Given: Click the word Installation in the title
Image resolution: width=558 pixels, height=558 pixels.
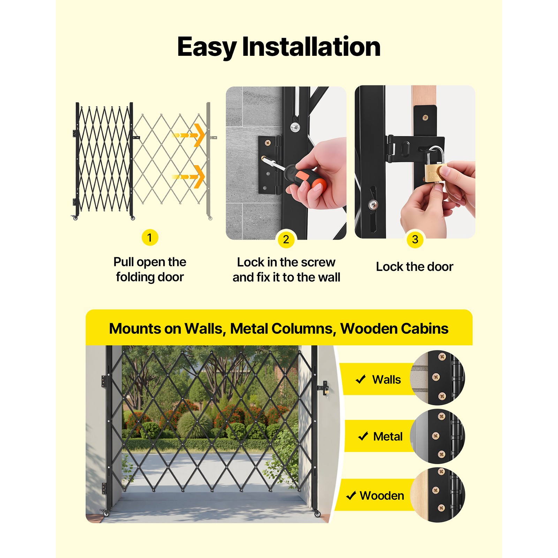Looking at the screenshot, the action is coord(311,47).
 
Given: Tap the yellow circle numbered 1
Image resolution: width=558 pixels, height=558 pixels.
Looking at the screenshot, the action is coord(150,237).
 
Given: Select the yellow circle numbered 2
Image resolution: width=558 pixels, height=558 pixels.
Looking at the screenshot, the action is coord(286,240).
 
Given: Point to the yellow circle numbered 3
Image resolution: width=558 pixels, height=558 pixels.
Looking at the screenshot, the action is coord(415,239).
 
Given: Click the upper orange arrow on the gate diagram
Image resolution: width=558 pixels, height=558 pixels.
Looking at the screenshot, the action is coord(189,135).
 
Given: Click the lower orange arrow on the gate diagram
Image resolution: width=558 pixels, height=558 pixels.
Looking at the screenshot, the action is coord(189,176).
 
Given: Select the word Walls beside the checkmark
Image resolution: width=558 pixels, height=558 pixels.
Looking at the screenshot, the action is coord(386,379).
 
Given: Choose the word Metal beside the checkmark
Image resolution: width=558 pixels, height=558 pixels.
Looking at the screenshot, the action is coord(388,436).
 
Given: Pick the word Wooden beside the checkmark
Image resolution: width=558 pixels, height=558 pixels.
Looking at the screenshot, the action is coord(382,496).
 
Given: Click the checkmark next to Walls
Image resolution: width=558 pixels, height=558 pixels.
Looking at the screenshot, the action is coord(361,379).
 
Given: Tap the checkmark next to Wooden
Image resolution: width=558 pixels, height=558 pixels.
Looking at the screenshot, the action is coord(351,495).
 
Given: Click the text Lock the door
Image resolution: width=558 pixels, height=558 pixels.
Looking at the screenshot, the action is coord(415,267).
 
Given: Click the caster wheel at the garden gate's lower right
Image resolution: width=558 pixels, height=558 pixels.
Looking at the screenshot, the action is coord(317,513).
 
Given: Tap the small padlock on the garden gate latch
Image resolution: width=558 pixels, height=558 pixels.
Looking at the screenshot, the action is coord(326,391).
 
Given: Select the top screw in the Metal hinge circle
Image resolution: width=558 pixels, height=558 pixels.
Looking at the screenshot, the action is coord(441,416).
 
